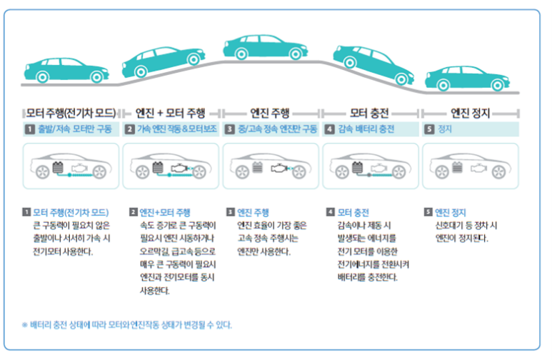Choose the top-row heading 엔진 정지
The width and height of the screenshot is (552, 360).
(x=469, y=112)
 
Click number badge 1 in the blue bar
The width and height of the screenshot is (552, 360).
(x=29, y=129)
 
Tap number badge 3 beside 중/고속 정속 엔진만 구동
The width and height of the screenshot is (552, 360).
(x=229, y=129)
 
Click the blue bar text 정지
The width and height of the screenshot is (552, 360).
(x=444, y=129)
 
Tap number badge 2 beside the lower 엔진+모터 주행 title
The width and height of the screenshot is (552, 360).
(x=134, y=212)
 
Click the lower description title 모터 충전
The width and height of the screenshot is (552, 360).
(x=353, y=212)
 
